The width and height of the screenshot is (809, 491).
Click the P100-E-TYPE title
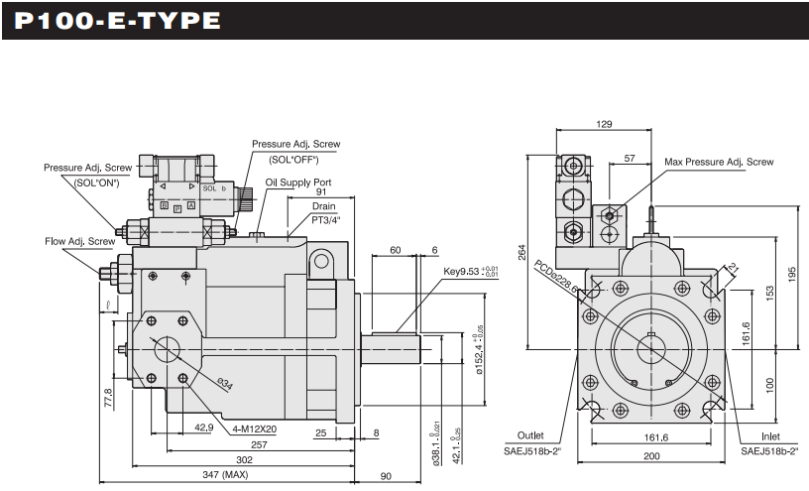(x=112, y=20)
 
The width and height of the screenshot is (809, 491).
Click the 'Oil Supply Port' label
(x=298, y=183)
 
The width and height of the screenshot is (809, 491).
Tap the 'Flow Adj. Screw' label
(x=79, y=241)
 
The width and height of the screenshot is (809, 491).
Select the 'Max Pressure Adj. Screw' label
(x=719, y=161)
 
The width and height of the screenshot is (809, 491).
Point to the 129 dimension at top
(x=605, y=125)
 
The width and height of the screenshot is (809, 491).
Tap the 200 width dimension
(x=649, y=455)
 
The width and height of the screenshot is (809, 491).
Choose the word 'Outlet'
(x=530, y=435)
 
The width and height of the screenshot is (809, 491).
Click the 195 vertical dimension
(x=793, y=273)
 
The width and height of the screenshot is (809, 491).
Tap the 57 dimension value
(x=630, y=159)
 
